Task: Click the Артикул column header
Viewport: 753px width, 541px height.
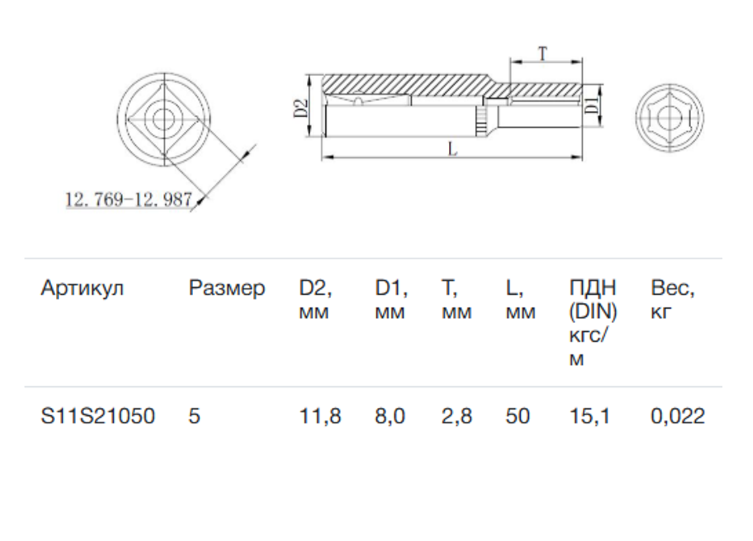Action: click(x=82, y=288)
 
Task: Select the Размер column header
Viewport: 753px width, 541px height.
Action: click(x=227, y=288)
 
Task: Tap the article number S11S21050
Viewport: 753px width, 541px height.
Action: click(x=98, y=416)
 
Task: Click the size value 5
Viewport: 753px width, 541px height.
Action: click(x=194, y=416)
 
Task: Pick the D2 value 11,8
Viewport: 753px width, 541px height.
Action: click(x=320, y=417)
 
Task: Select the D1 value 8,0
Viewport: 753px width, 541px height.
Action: click(x=390, y=417)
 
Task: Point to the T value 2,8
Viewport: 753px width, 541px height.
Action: click(x=457, y=417)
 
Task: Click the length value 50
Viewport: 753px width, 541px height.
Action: click(x=517, y=416)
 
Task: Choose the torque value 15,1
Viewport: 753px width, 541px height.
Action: click(x=589, y=417)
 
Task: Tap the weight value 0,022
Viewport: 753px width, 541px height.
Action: click(x=678, y=417)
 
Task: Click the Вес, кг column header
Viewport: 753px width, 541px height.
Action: click(x=672, y=299)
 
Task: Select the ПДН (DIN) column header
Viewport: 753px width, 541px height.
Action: click(x=593, y=323)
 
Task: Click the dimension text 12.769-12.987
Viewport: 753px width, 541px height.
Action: click(x=129, y=199)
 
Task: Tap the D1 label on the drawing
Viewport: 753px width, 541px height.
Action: click(x=593, y=105)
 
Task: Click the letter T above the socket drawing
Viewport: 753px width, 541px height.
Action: click(x=542, y=53)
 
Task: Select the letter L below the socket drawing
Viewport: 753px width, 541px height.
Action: click(x=452, y=149)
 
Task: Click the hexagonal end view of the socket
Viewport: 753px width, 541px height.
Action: click(x=670, y=118)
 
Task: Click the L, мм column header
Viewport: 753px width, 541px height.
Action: click(x=521, y=299)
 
